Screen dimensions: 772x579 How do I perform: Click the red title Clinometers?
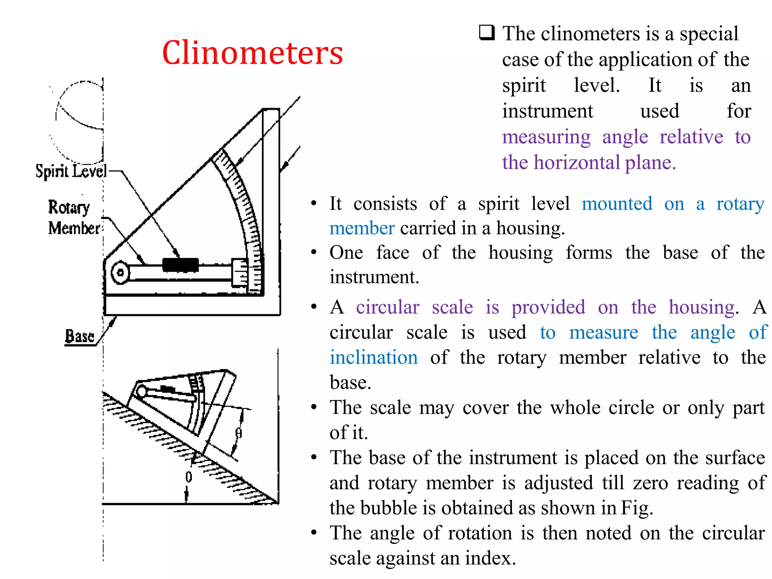pyautogui.click(x=252, y=53)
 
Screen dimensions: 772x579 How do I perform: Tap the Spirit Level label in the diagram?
pyautogui.click(x=71, y=172)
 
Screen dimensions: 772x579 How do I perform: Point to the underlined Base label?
pyautogui.click(x=80, y=336)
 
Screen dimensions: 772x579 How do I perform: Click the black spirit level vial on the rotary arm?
pyautogui.click(x=181, y=265)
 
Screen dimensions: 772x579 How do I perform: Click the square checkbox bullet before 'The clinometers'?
pyautogui.click(x=487, y=33)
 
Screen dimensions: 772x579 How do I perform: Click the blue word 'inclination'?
pyautogui.click(x=374, y=357)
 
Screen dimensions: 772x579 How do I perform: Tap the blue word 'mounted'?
pyautogui.click(x=617, y=204)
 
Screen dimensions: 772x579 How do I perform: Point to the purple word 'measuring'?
pyautogui.click(x=546, y=137)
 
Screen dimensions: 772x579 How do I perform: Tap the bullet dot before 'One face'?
pyautogui.click(x=314, y=252)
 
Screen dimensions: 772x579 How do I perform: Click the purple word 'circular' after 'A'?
pyautogui.click(x=388, y=307)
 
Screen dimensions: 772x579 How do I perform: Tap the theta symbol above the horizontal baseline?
pyautogui.click(x=188, y=477)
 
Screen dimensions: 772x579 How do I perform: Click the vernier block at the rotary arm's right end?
pyautogui.click(x=240, y=273)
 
